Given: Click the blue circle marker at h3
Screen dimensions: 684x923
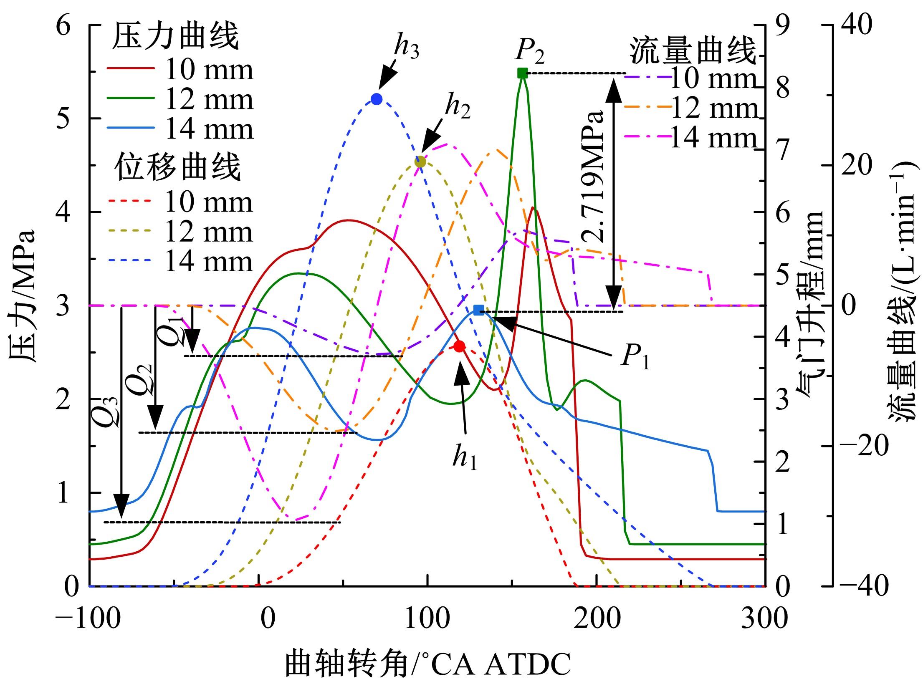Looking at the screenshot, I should click(x=377, y=99).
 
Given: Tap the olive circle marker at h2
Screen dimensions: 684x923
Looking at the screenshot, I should click(x=420, y=162).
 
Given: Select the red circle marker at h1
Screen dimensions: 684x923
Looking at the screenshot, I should click(x=459, y=346).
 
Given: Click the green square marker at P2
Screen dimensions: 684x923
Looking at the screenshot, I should click(x=522, y=73).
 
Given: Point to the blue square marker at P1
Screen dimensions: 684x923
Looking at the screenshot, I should click(x=479, y=310).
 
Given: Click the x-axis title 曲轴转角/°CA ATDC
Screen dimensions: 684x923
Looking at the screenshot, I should click(x=427, y=664).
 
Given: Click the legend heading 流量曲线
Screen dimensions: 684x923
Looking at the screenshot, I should click(x=693, y=52).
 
